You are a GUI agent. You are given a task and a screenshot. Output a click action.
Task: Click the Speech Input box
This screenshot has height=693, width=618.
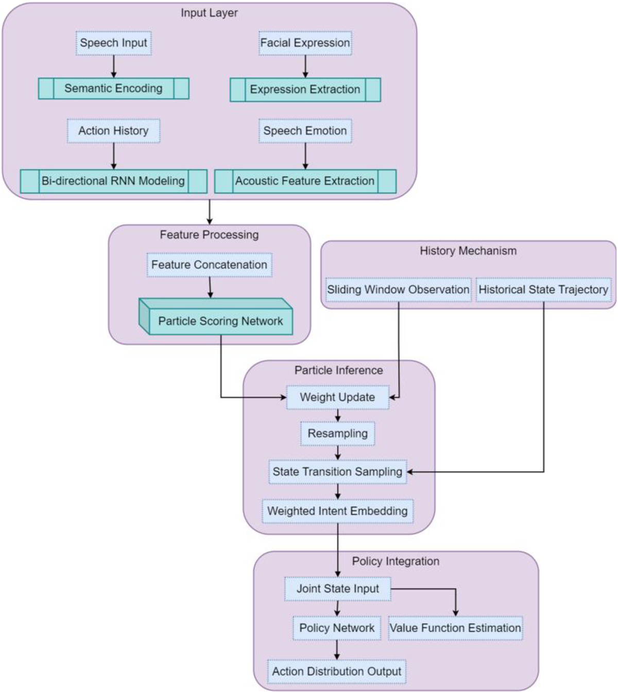pos(113,43)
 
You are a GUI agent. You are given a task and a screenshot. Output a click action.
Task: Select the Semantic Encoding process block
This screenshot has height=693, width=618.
pos(113,88)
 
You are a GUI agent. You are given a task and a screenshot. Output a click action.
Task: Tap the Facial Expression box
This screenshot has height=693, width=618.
pos(305,43)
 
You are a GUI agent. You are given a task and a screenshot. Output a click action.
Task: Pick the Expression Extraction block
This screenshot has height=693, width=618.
pos(305,90)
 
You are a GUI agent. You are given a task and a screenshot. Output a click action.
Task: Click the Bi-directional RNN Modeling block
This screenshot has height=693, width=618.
pos(113,181)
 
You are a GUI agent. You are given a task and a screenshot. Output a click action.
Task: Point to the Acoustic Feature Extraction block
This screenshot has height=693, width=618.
pos(305,181)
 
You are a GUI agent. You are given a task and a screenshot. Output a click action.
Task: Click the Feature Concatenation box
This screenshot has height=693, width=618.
pos(209,265)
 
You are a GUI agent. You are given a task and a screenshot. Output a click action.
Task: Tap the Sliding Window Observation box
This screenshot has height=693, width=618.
pos(398,290)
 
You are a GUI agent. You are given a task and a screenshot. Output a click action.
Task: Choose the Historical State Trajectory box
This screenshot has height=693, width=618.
pos(543,290)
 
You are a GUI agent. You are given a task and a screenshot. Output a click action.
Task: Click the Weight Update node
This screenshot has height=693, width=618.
pos(337,397)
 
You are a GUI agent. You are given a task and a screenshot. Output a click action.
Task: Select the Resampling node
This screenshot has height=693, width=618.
pos(337,434)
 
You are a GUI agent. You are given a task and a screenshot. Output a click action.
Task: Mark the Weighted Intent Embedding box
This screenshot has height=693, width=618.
pos(337,511)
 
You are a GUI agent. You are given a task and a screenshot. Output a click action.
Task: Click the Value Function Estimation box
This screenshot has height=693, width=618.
pos(455,628)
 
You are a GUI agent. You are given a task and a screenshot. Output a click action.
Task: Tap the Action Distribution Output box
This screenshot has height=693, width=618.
pos(337,671)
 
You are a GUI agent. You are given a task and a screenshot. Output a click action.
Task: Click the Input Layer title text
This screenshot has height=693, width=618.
pos(209,13)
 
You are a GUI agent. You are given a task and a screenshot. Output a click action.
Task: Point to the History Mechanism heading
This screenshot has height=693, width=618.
pos(468,251)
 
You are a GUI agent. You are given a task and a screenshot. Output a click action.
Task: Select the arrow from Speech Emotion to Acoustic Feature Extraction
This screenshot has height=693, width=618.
pos(305,156)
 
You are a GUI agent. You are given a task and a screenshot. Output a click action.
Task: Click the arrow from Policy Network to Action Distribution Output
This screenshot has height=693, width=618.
pos(337,650)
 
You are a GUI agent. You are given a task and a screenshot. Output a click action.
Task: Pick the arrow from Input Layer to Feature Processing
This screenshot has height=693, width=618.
pos(209,211)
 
